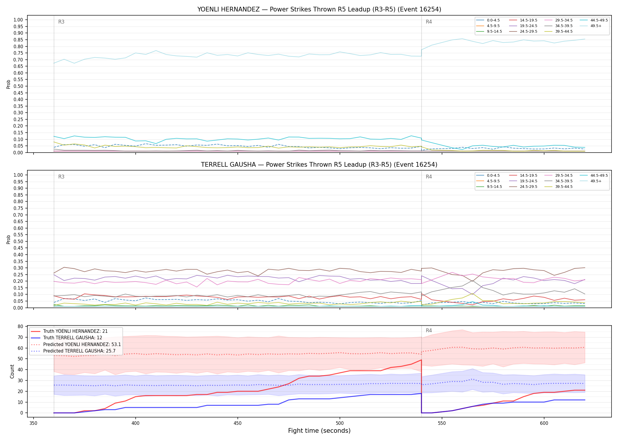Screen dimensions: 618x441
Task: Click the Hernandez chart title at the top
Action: [x=319, y=9]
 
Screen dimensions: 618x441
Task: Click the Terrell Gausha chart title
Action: [x=319, y=165]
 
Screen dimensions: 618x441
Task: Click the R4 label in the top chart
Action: [x=429, y=22]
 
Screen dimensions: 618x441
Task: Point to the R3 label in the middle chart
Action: [x=61, y=177]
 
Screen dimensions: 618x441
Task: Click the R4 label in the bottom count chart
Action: [x=429, y=330]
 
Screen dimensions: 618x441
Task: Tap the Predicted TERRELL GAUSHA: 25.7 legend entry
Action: [x=76, y=351]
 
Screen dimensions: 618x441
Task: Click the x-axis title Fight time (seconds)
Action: [x=319, y=431]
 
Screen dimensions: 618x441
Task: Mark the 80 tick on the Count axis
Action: [x=20, y=326]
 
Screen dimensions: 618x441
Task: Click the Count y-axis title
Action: [x=12, y=371]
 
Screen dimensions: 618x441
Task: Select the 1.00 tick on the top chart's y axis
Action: [x=18, y=20]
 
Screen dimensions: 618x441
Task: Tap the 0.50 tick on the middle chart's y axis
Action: [x=18, y=241]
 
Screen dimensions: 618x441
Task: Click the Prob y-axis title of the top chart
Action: [x=9, y=84]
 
